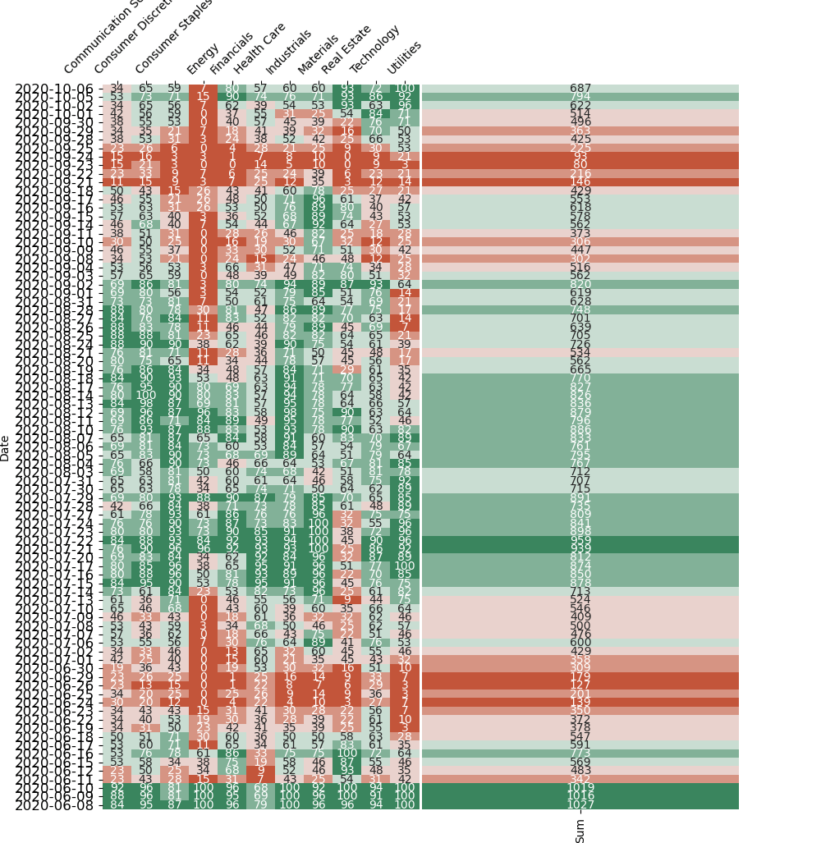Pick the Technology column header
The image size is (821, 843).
click(x=374, y=48)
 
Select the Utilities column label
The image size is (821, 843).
click(x=403, y=58)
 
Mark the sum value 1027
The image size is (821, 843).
click(x=580, y=804)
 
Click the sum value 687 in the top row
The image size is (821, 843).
click(x=580, y=89)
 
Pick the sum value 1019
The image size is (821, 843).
click(x=580, y=787)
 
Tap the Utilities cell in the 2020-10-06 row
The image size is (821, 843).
click(x=405, y=89)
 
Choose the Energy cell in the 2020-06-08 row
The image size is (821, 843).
click(x=204, y=804)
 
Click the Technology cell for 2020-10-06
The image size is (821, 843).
click(x=376, y=89)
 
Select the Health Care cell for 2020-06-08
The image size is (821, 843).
click(x=261, y=804)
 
